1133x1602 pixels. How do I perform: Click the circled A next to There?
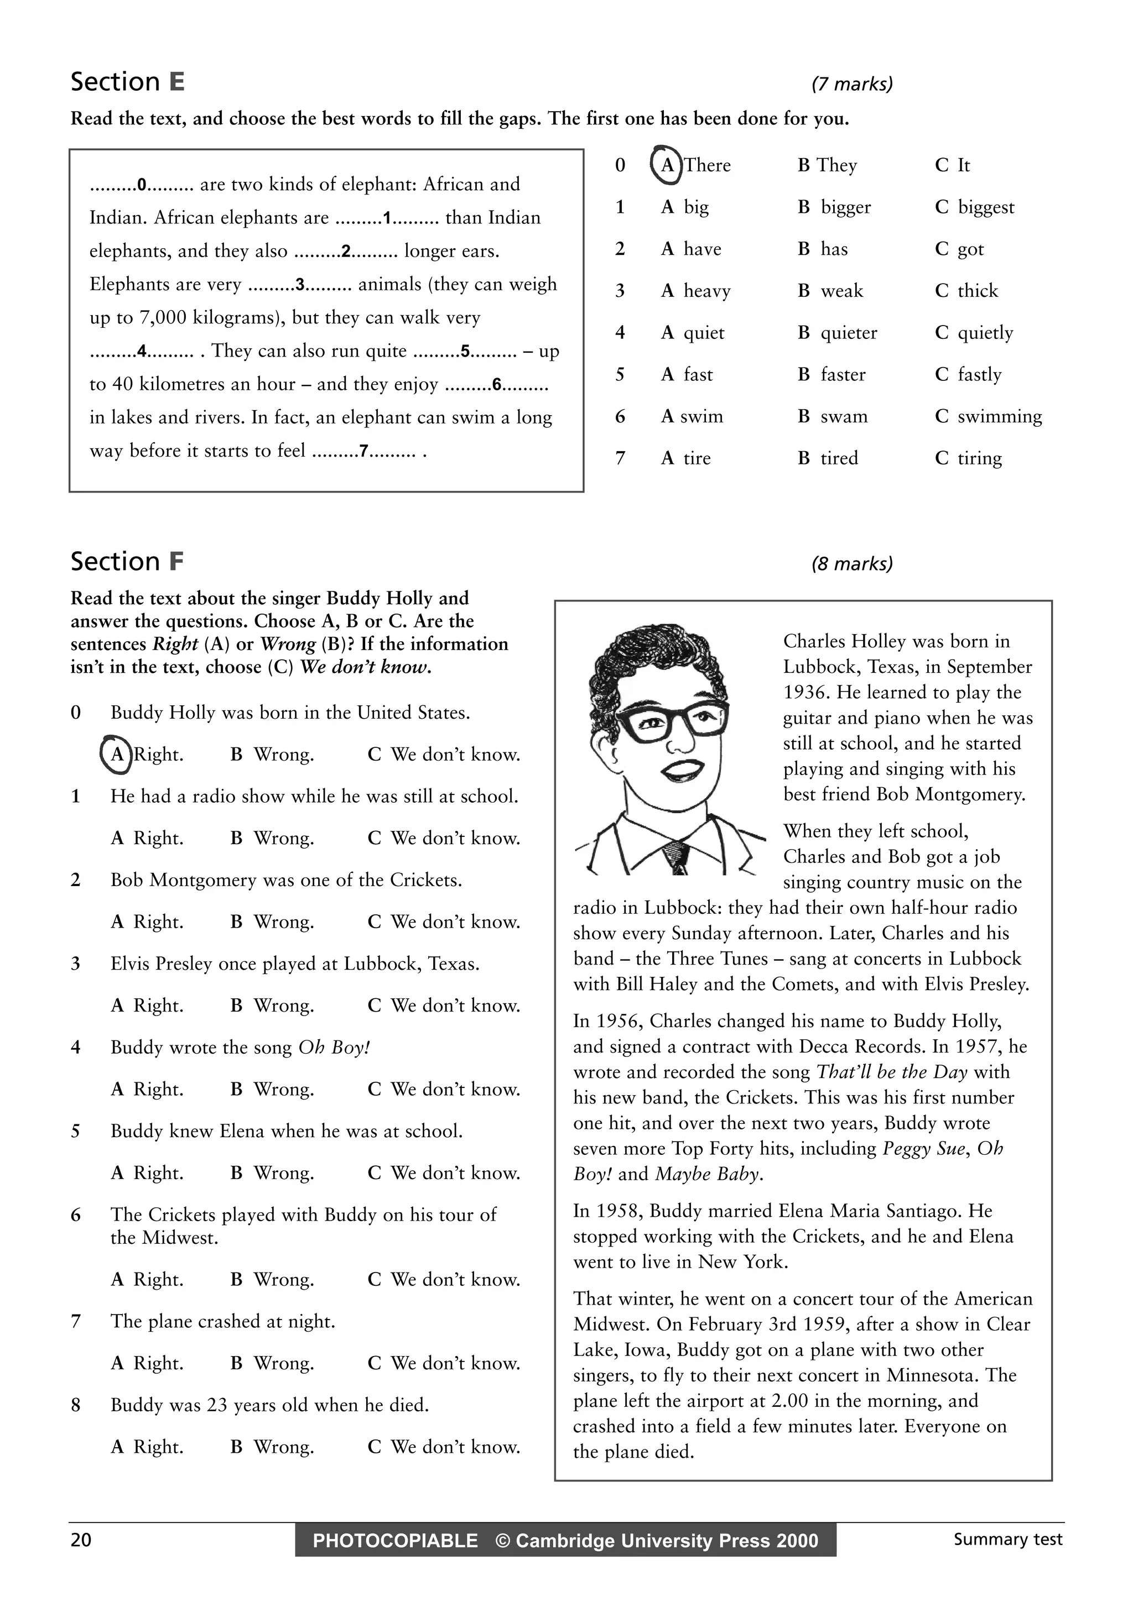(666, 165)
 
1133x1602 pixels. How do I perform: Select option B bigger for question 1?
(834, 207)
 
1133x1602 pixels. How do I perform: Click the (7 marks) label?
(851, 85)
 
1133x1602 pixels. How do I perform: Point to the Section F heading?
(127, 562)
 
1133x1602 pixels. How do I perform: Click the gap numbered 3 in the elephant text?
(300, 285)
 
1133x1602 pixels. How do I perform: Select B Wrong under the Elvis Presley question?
(272, 1006)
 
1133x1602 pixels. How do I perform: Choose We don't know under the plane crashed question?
(444, 1363)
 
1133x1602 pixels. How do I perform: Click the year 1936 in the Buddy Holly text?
(805, 692)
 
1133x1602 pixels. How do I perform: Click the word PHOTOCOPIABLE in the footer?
(395, 1541)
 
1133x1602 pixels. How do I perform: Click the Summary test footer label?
(1007, 1539)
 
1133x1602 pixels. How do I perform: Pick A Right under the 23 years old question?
(147, 1447)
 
